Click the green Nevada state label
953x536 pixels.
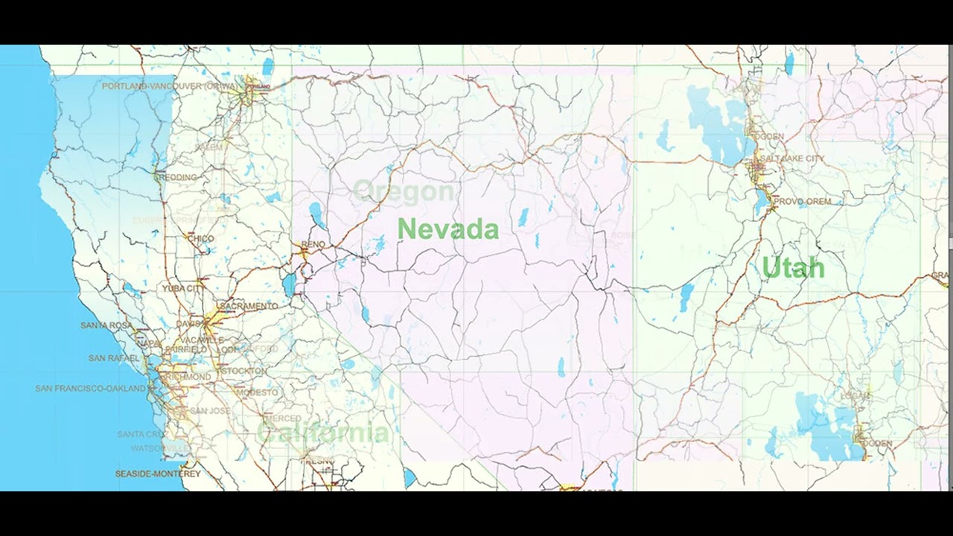click(x=447, y=229)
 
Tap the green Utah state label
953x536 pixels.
click(x=793, y=268)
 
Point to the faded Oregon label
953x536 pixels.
click(x=404, y=192)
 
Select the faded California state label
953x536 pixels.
click(x=322, y=433)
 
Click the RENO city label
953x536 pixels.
click(x=313, y=244)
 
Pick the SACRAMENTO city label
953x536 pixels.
click(x=248, y=306)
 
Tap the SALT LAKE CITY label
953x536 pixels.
click(x=792, y=159)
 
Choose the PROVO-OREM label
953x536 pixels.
click(x=802, y=201)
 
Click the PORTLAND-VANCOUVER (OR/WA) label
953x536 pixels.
click(x=170, y=86)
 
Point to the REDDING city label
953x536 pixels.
click(x=179, y=177)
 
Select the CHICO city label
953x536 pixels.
click(x=200, y=239)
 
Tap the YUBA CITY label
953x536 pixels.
click(x=184, y=288)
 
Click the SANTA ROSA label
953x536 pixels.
click(x=106, y=325)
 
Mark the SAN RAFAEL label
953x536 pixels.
click(x=114, y=358)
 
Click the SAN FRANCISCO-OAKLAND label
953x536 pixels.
click(x=91, y=389)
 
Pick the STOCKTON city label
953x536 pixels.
click(x=244, y=371)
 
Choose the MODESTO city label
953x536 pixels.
click(x=257, y=392)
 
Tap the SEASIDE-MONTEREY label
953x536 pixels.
click(x=158, y=473)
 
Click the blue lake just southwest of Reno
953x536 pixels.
click(x=289, y=284)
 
